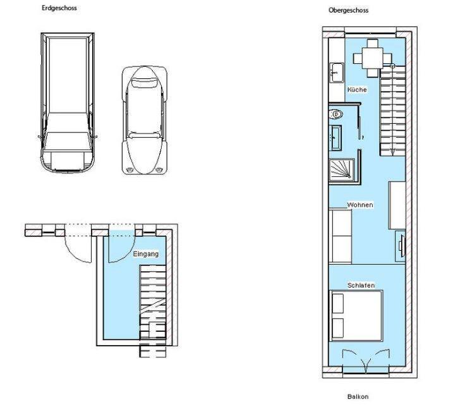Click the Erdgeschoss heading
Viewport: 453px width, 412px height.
point(59,8)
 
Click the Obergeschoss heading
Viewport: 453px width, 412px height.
point(348,10)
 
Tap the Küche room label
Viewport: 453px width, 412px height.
point(357,90)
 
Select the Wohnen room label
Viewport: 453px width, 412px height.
point(360,205)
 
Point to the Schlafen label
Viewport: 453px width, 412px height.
point(361,286)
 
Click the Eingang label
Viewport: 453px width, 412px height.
point(146,254)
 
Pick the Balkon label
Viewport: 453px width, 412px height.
point(358,396)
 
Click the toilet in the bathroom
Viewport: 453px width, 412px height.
point(335,114)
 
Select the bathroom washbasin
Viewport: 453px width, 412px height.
point(336,138)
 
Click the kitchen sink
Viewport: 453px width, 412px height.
point(337,72)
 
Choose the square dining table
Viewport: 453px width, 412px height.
point(373,58)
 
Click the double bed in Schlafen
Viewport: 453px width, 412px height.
point(356,316)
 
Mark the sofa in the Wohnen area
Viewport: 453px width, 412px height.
point(341,236)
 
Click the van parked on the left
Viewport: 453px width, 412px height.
point(68,103)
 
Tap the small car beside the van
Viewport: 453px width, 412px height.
point(145,120)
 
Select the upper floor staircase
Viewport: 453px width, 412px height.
point(392,111)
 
